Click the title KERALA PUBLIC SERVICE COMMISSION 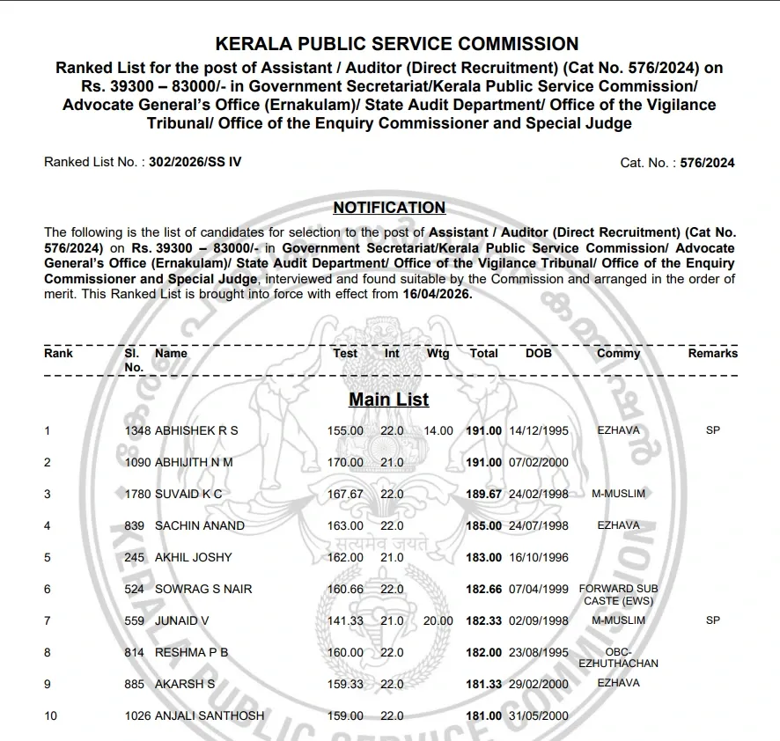coord(397,44)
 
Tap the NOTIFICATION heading coord(389,208)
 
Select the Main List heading coord(388,400)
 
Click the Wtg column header coord(438,353)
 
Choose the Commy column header coord(618,353)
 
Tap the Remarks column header coord(713,353)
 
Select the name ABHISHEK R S coord(196,430)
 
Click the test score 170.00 coord(345,462)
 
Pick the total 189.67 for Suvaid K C coord(483,494)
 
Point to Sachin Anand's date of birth coord(539,525)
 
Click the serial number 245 coord(134,557)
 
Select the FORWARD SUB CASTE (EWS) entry coord(618,594)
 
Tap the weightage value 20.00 coord(438,620)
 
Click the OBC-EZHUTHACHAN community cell coord(618,657)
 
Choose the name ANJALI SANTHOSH coord(209,715)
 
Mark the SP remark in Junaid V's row coord(713,620)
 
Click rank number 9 coord(48,684)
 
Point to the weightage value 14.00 coord(438,430)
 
